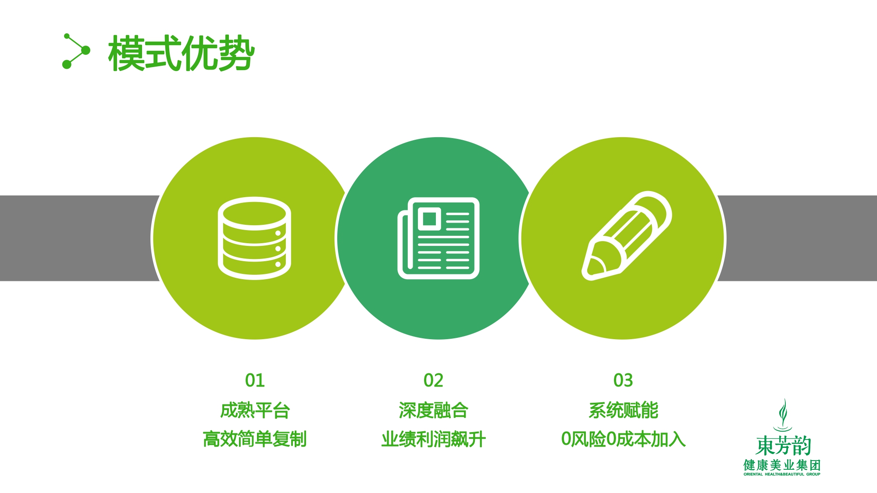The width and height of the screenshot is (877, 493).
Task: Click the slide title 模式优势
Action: point(182,53)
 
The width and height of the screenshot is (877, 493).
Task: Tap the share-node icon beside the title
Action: point(76,51)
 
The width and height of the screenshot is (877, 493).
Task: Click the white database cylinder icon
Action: point(254,238)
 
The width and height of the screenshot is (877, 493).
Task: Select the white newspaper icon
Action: point(438,238)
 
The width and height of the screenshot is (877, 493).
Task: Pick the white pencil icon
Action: point(627,236)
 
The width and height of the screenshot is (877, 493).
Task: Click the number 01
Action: point(255,380)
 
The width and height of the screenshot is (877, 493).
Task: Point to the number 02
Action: point(433,380)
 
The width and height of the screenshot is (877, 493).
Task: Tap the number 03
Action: point(623,380)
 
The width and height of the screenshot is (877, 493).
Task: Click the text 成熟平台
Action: point(255,411)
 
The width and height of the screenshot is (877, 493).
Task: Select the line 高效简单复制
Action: point(255,439)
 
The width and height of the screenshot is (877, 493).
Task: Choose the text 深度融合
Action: point(433,411)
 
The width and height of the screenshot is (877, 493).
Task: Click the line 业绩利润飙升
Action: point(433,439)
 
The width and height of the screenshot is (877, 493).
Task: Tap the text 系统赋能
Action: point(623,411)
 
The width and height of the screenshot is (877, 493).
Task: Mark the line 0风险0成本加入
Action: point(623,439)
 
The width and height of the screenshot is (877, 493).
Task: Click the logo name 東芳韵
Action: point(783,446)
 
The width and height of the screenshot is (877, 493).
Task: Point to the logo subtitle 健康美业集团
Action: point(782,465)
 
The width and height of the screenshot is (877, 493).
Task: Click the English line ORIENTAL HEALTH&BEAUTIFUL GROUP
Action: point(782,474)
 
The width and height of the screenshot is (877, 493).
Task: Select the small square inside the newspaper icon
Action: point(429,218)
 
